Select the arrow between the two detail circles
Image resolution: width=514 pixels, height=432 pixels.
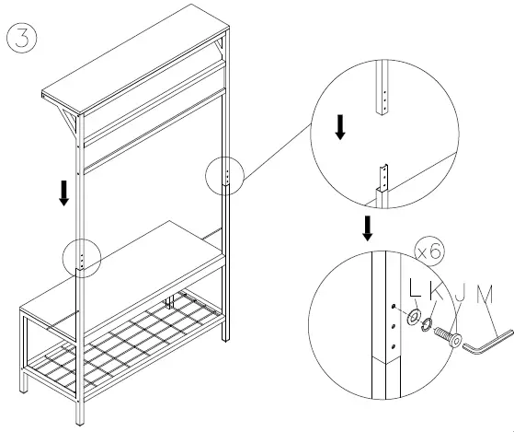tap(367, 228)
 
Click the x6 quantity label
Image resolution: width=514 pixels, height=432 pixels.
tap(429, 251)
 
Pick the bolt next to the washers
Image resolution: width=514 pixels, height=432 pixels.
tap(446, 335)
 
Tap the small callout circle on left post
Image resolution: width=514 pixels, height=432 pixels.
tap(83, 259)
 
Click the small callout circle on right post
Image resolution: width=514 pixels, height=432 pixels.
tap(223, 175)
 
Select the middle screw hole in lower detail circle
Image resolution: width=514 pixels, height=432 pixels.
tap(394, 325)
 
